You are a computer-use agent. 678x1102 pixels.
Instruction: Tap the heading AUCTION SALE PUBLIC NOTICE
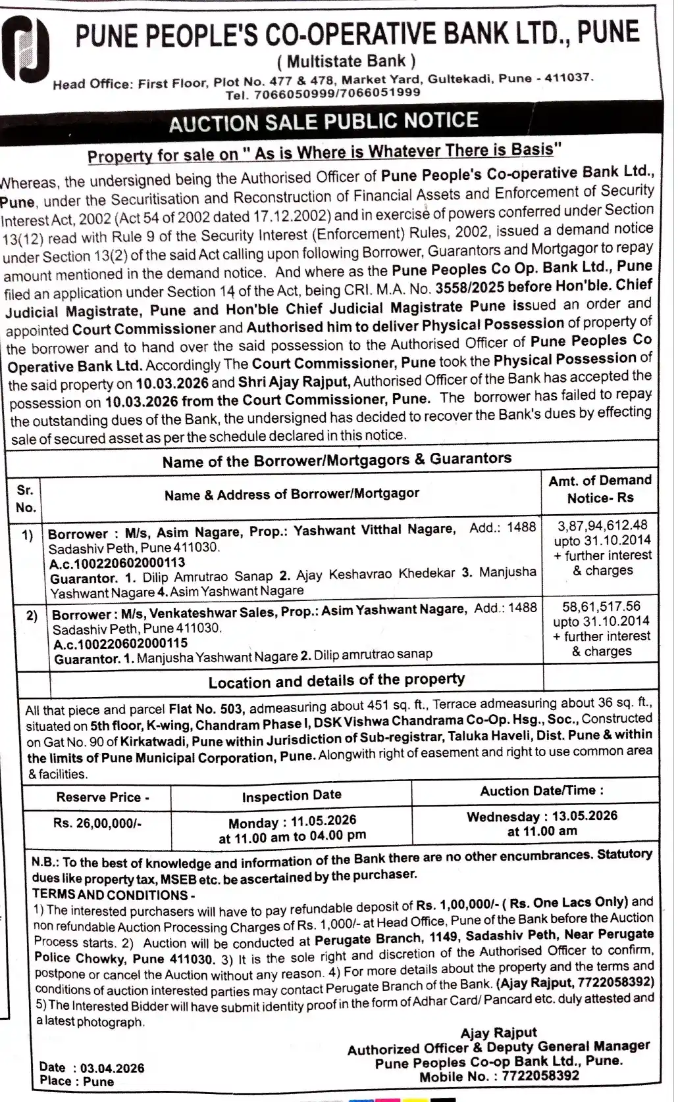[323, 122]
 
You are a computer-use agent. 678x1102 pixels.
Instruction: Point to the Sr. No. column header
[26, 499]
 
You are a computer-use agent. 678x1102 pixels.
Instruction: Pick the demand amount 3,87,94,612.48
[602, 525]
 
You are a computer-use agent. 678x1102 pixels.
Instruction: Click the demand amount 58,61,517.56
[601, 606]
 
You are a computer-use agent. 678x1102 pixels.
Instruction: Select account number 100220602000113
[117, 563]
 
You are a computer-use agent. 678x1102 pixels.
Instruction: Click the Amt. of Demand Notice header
[600, 489]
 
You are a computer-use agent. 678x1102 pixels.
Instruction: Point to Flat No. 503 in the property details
[207, 709]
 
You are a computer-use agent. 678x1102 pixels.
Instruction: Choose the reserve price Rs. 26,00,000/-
[97, 823]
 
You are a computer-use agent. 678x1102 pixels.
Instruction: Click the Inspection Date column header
[291, 796]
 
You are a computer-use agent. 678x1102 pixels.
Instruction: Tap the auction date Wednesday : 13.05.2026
[542, 816]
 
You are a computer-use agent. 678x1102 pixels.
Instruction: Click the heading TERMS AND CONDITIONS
[113, 895]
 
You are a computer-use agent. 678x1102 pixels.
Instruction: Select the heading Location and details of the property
[336, 681]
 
